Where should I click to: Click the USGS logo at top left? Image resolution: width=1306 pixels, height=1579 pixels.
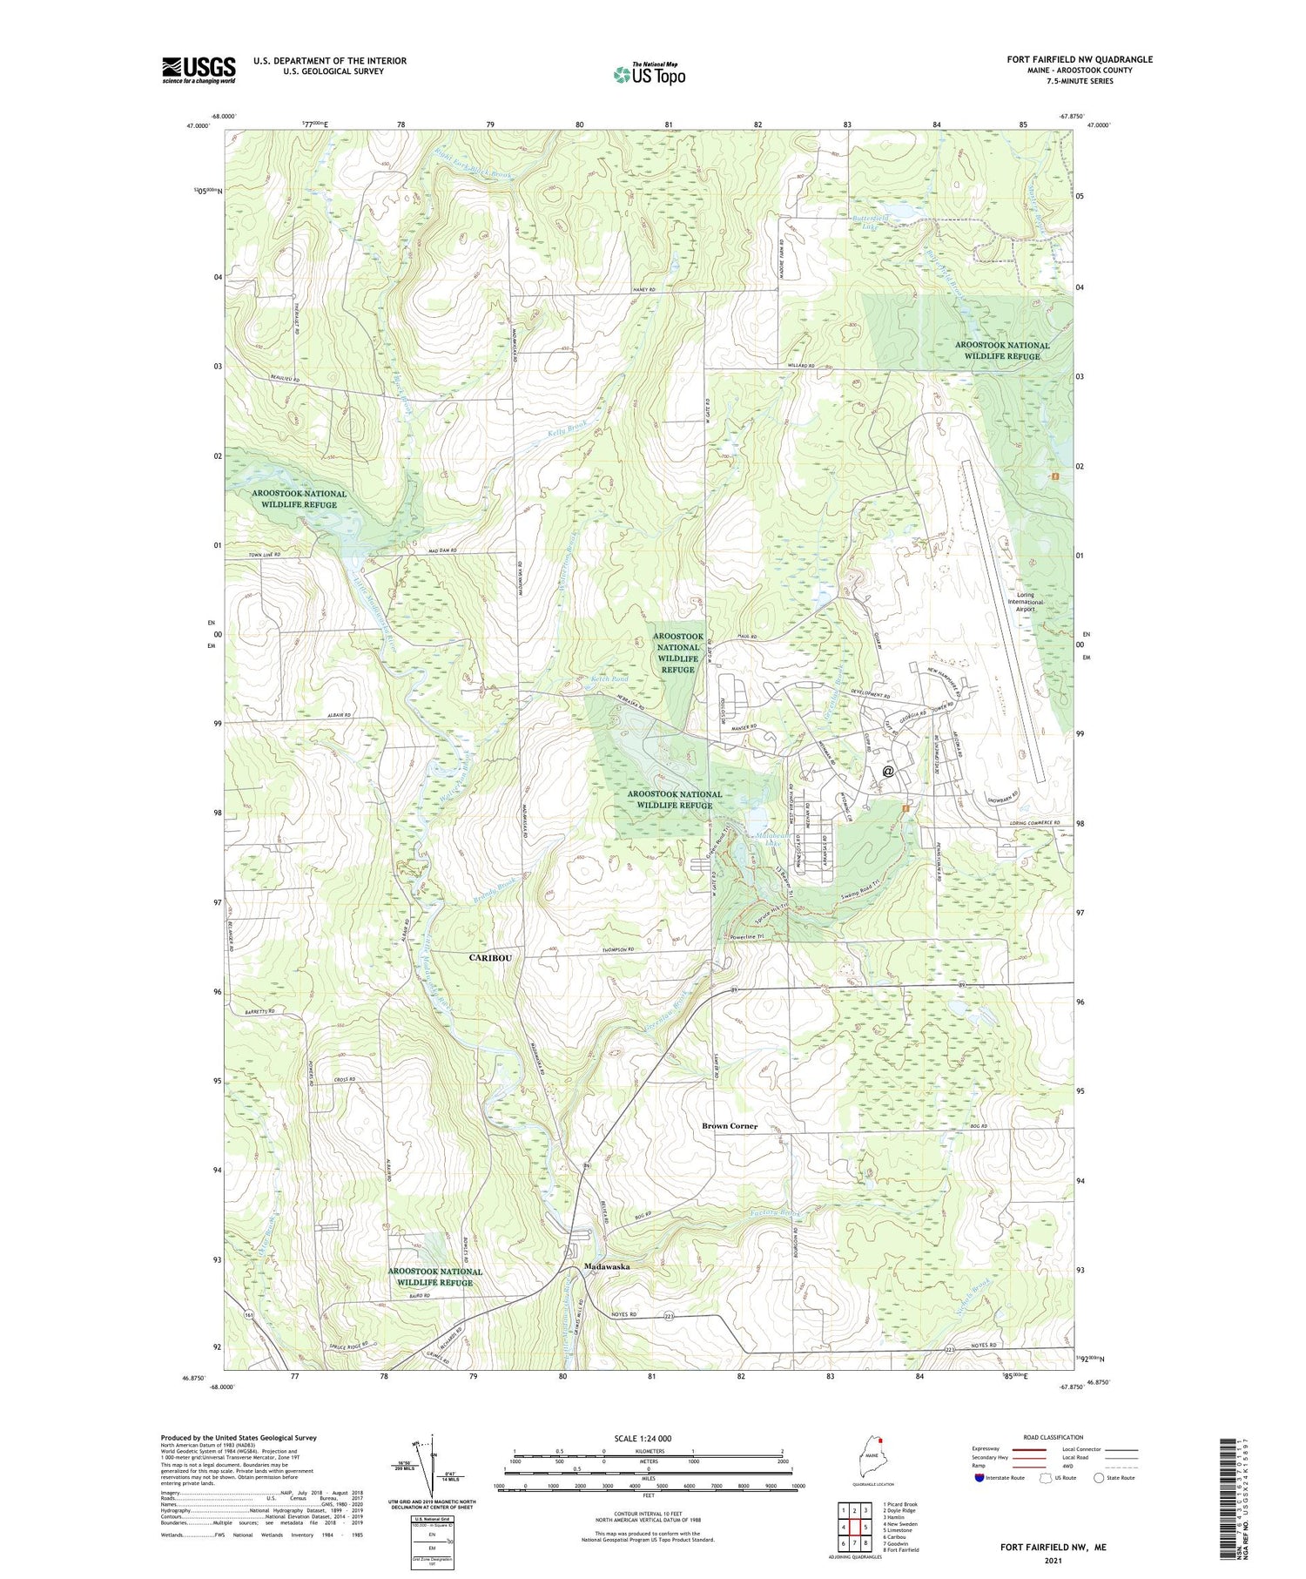pyautogui.click(x=199, y=70)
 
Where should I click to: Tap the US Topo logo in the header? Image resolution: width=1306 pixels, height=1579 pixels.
pyautogui.click(x=649, y=74)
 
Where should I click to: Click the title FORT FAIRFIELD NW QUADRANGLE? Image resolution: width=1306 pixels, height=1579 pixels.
pyautogui.click(x=1079, y=59)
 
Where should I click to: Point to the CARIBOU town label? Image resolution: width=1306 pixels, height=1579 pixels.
pyautogui.click(x=490, y=957)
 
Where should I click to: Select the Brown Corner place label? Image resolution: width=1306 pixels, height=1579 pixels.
pyautogui.click(x=730, y=1126)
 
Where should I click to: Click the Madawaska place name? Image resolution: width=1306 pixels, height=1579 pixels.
pyautogui.click(x=606, y=1266)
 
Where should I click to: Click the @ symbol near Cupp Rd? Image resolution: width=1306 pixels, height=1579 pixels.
pyautogui.click(x=887, y=771)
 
